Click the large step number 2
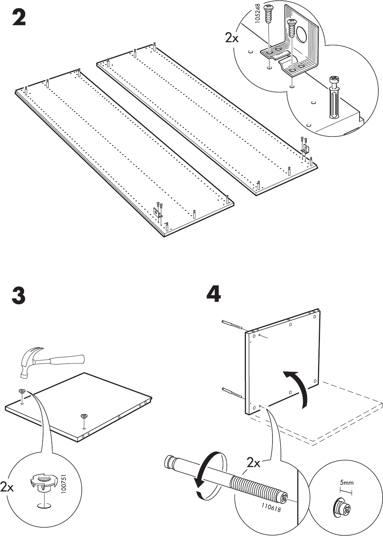tap(19, 17)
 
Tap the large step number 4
tap(213, 294)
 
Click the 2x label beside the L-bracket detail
tap(232, 38)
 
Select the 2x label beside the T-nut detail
tap(7, 487)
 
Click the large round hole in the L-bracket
tap(301, 34)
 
